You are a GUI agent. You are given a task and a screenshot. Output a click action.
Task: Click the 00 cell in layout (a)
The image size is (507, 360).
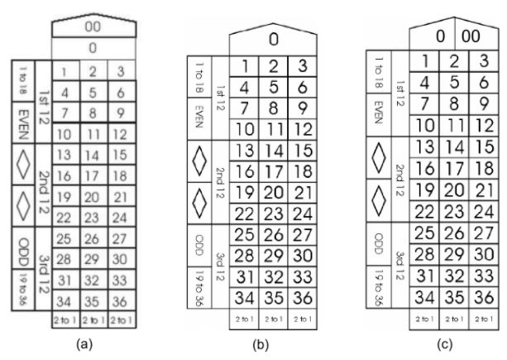click(93, 26)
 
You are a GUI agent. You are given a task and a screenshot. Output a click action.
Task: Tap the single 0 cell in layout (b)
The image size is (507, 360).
click(272, 38)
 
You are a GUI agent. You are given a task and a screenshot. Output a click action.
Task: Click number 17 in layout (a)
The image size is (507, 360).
click(93, 176)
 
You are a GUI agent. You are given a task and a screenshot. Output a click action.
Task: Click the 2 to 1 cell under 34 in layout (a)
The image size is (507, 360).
click(65, 317)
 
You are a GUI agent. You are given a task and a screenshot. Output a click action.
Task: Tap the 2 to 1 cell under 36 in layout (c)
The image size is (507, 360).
click(481, 316)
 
